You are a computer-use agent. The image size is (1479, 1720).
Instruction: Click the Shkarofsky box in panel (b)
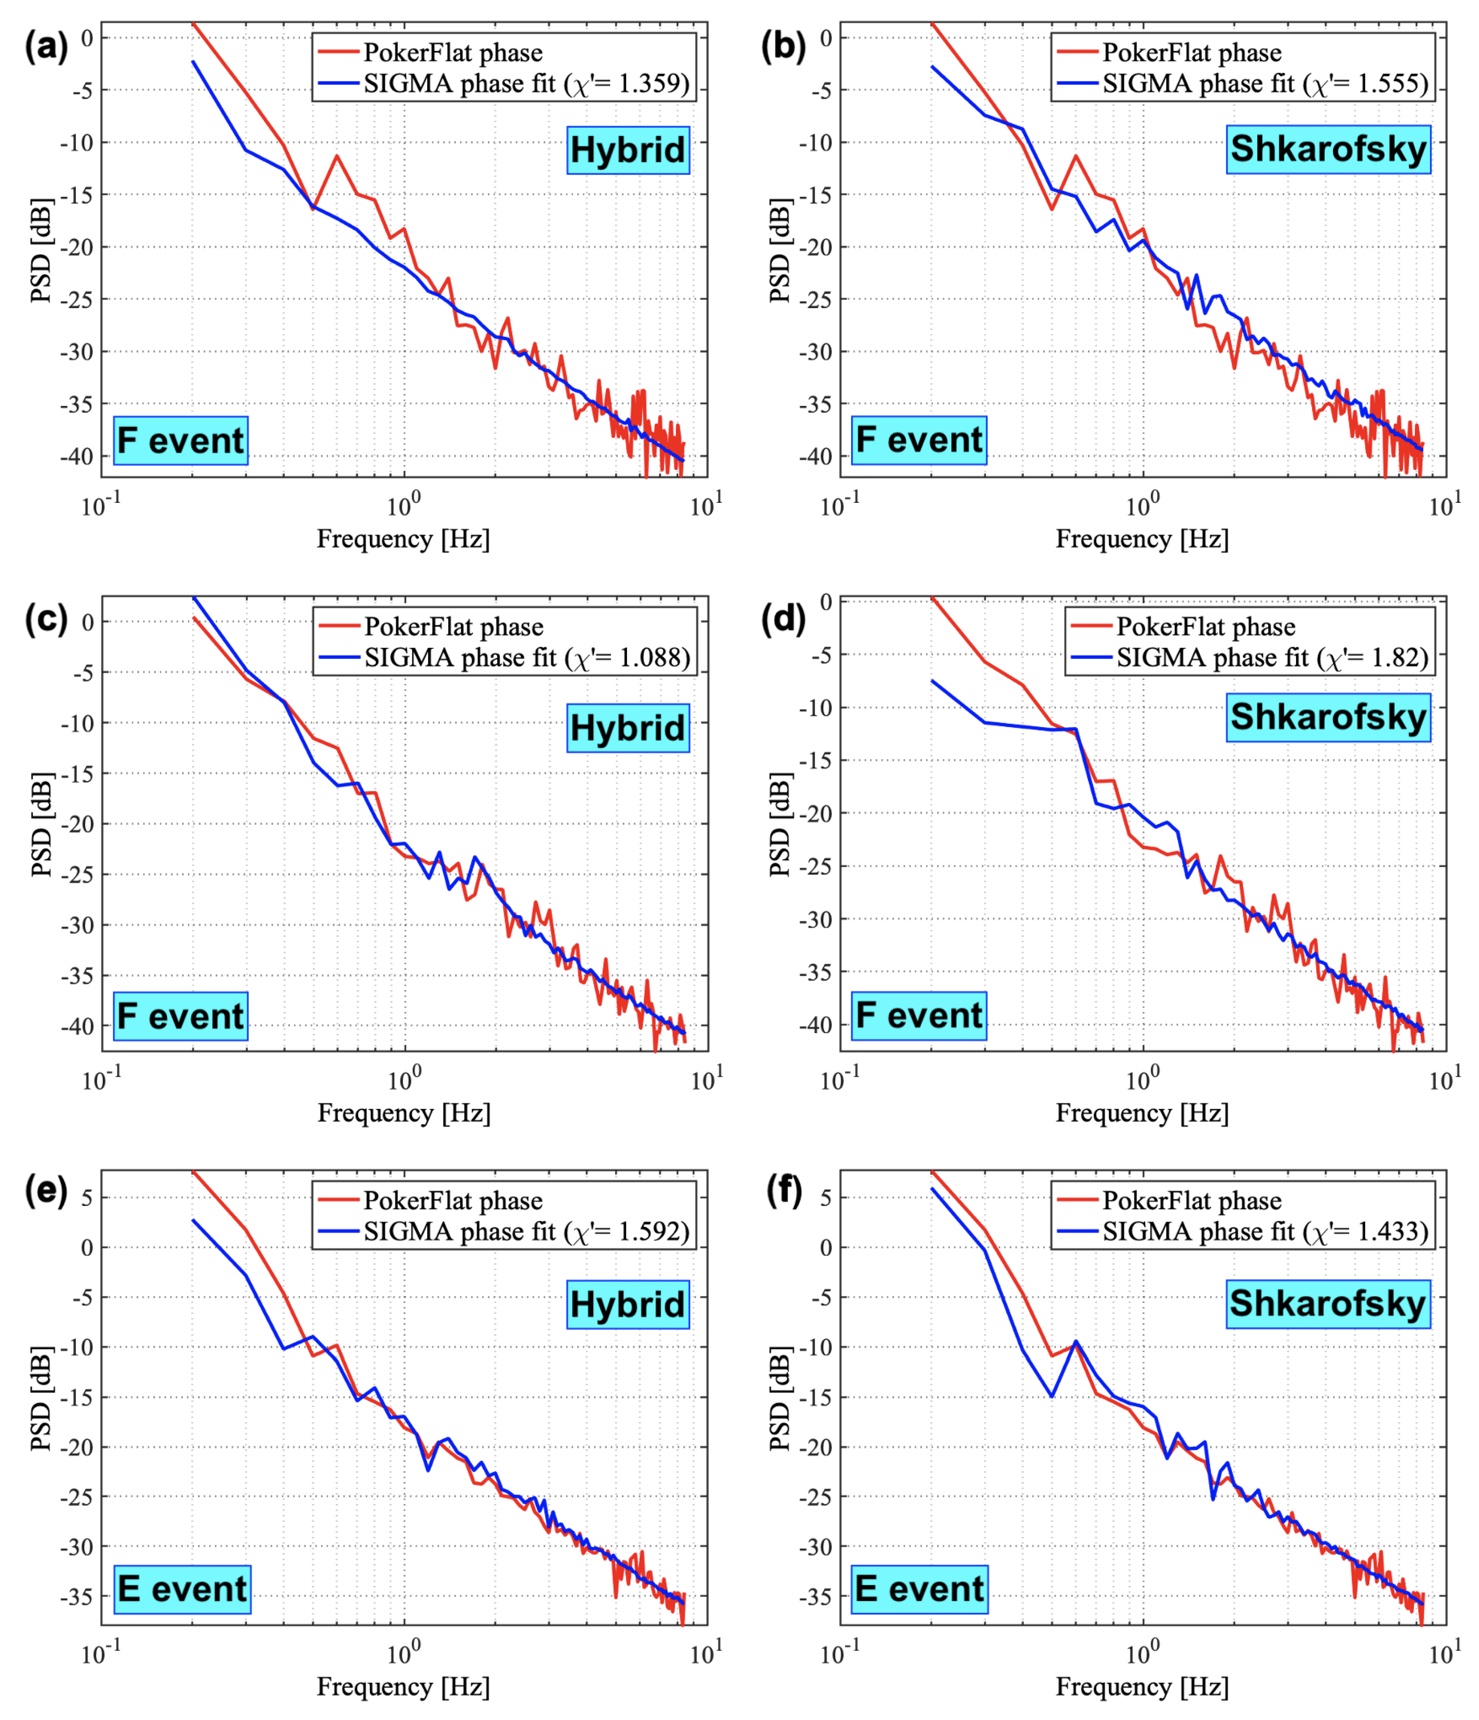point(1328,149)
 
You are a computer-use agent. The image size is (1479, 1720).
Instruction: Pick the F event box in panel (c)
point(181,1015)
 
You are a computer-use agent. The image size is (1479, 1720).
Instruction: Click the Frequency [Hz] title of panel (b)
point(1142,540)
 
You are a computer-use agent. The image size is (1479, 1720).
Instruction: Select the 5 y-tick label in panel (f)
point(826,1198)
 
